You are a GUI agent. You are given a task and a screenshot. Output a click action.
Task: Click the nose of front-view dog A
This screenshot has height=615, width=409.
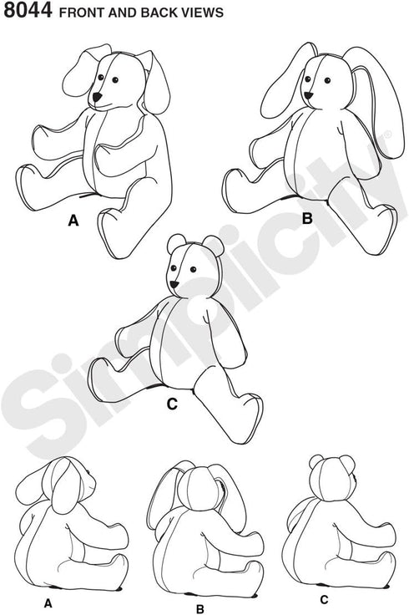(x=98, y=97)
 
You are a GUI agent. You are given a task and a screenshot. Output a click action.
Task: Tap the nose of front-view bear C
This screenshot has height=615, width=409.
(x=175, y=284)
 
